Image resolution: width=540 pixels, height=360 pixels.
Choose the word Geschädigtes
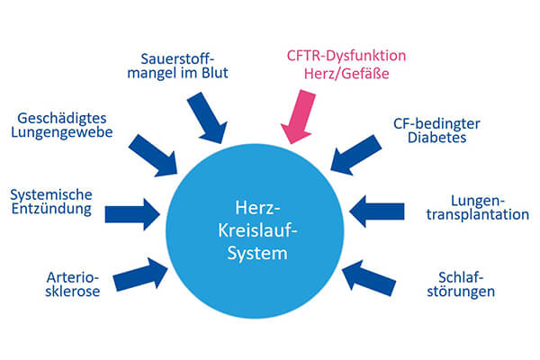tap(64, 118)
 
